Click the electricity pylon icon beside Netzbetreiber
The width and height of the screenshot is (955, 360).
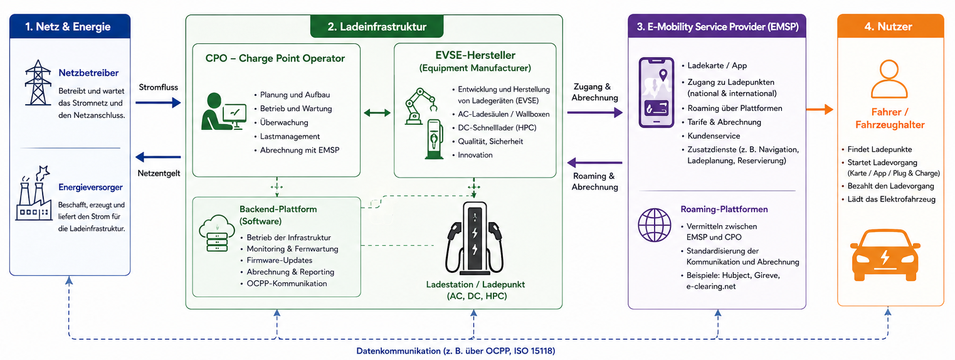point(38,83)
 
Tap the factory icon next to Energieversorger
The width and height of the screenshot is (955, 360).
point(34,194)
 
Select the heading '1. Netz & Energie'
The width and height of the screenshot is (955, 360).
point(68,26)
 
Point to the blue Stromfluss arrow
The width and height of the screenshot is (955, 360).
point(158,102)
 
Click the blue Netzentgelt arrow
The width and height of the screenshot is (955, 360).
point(158,157)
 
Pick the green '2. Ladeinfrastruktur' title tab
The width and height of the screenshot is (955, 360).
point(377,26)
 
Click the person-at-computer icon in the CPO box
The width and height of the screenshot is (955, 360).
point(223,112)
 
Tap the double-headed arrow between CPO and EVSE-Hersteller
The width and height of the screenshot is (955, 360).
point(377,113)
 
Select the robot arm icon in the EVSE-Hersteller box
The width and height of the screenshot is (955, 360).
point(421,106)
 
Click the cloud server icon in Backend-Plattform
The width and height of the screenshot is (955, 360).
point(217,233)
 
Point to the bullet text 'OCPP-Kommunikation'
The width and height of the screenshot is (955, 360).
point(287,283)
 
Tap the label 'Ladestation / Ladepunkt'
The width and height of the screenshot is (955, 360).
point(475,285)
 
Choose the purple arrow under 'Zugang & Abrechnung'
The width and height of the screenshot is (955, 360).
point(594,113)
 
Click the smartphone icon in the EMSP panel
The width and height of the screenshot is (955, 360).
point(656,92)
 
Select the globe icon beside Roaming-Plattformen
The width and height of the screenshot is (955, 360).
point(655,225)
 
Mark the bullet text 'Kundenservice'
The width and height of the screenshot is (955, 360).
point(714,135)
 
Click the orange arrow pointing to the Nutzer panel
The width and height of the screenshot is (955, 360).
point(820,110)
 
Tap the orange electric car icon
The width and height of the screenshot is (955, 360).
point(885,255)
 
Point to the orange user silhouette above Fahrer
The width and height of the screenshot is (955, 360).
point(889,79)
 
